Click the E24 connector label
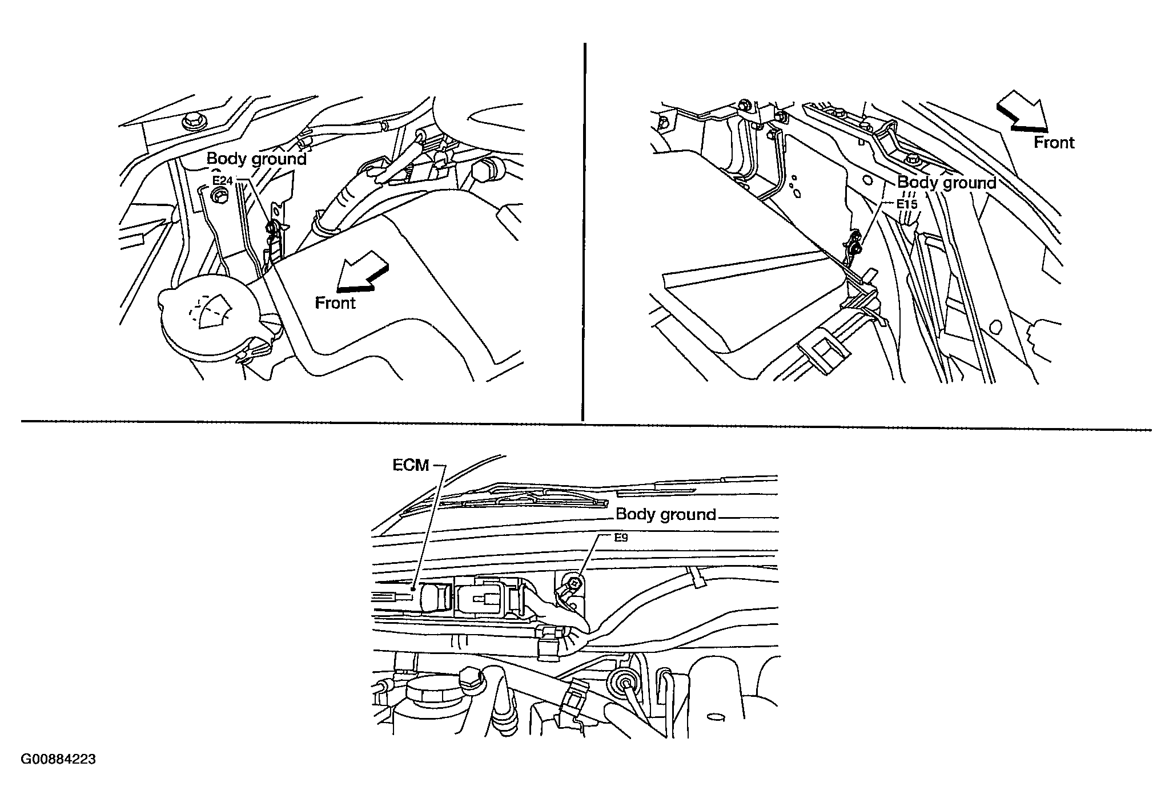[223, 181]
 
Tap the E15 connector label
[906, 204]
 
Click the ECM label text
[411, 465]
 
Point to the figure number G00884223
[58, 760]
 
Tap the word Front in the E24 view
[335, 302]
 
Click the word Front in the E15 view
[1054, 142]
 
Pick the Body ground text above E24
[256, 158]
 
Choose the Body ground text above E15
[947, 183]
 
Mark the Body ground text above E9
[666, 514]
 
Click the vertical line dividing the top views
[583, 232]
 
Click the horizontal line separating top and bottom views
[586, 426]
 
